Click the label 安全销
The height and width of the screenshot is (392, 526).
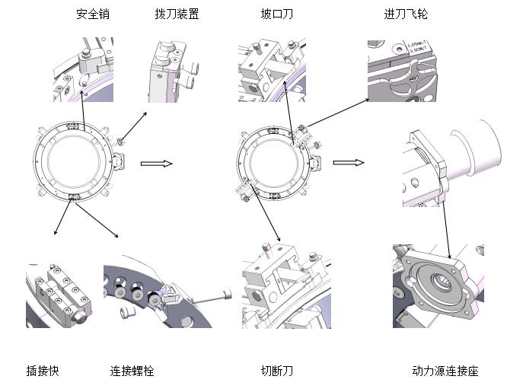point(93,14)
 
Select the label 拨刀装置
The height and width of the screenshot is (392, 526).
point(177,14)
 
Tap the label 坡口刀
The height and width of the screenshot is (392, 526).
point(277,14)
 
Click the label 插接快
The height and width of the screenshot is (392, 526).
point(43,371)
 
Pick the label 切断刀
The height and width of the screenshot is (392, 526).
point(277,371)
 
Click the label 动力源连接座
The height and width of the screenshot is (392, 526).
point(445,371)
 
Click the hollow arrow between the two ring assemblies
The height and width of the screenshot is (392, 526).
point(157,163)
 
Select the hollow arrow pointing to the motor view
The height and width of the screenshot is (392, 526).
point(349,162)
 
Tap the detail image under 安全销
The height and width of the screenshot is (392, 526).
point(83,69)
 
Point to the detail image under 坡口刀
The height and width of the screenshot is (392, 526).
point(272,69)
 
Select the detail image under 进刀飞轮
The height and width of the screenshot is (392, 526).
point(404,69)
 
